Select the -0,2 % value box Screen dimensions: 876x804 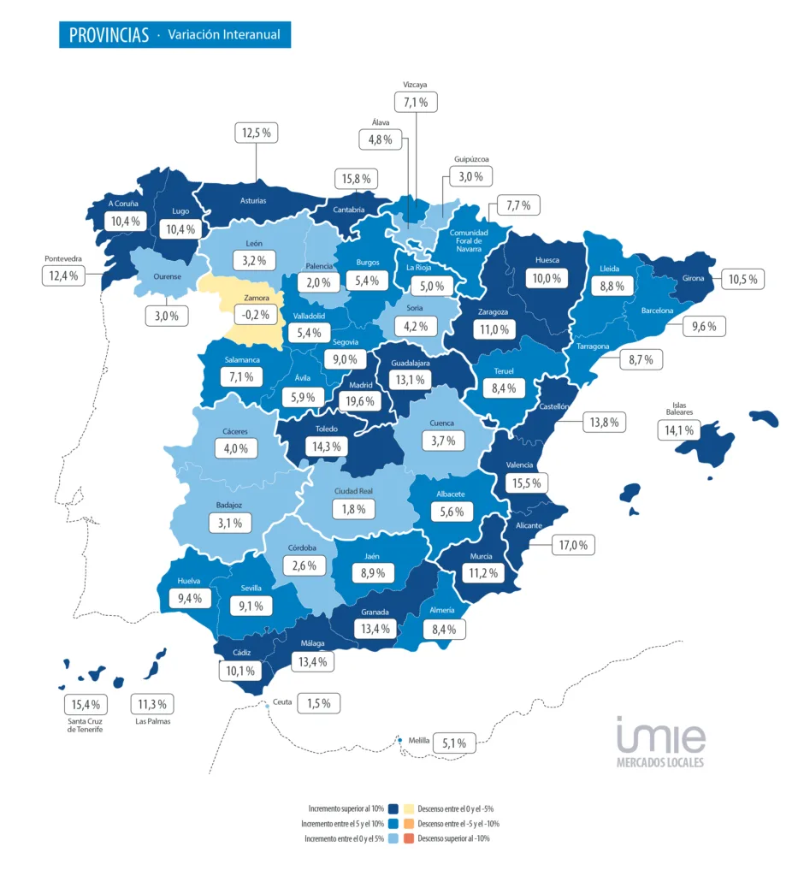pos(256,314)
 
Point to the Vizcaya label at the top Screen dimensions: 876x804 pos(415,85)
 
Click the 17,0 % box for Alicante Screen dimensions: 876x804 pos(573,544)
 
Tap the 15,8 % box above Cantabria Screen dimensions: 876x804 pos(356,179)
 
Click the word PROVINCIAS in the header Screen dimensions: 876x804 pos(106,35)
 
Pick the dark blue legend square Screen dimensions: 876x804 pos(393,808)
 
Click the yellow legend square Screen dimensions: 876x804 pos(409,808)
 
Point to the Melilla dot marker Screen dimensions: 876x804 pos(399,740)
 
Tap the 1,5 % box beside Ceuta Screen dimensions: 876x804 pos(318,703)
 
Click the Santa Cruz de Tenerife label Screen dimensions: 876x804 pos(86,725)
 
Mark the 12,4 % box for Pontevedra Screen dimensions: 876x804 pos(63,275)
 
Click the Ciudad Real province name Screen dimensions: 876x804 pos(352,491)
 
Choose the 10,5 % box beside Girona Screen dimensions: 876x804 pos(743,279)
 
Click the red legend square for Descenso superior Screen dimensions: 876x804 pos(409,838)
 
